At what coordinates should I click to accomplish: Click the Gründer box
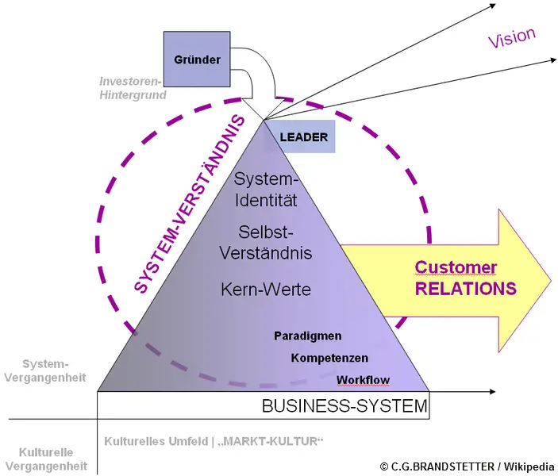click(197, 59)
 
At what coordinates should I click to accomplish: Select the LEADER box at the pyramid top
click(303, 137)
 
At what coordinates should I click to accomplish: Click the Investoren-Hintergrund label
click(133, 88)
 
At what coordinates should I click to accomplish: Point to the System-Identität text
click(266, 190)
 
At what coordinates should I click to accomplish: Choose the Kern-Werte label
click(266, 290)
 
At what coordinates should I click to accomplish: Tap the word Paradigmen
click(307, 336)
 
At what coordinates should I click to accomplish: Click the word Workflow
click(363, 380)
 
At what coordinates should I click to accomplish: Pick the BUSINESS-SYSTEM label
click(344, 408)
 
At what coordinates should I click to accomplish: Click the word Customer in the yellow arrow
click(456, 267)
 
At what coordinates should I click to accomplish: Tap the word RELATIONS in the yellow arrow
click(466, 288)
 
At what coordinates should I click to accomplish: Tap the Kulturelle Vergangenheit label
click(44, 459)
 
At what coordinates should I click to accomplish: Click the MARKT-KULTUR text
click(274, 441)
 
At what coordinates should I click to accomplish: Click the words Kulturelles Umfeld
click(156, 441)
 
